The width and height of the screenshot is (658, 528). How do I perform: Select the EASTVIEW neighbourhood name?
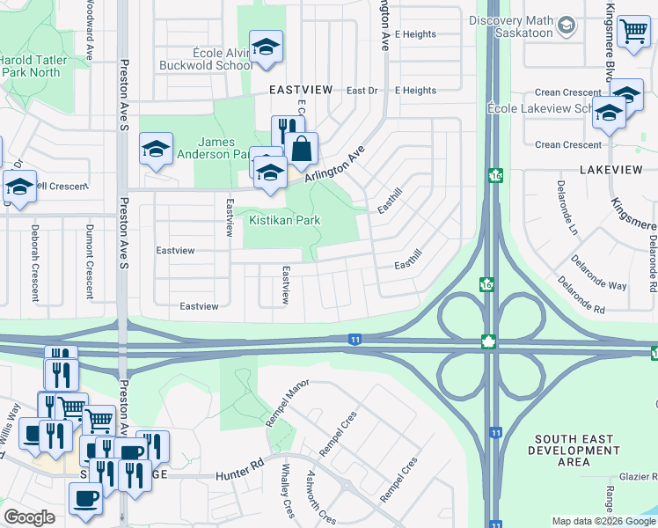click(301, 90)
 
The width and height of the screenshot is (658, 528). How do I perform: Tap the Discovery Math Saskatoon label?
click(511, 27)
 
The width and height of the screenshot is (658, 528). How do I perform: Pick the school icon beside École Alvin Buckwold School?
click(265, 48)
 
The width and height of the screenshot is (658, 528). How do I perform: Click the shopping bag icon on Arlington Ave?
click(302, 150)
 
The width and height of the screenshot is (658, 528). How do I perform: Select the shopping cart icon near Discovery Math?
click(632, 32)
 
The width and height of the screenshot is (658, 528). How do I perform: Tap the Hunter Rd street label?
click(240, 476)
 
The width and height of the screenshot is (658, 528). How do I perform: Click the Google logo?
click(29, 517)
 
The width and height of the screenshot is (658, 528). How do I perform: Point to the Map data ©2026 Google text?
click(603, 521)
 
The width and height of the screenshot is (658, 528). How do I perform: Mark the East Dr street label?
click(361, 91)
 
